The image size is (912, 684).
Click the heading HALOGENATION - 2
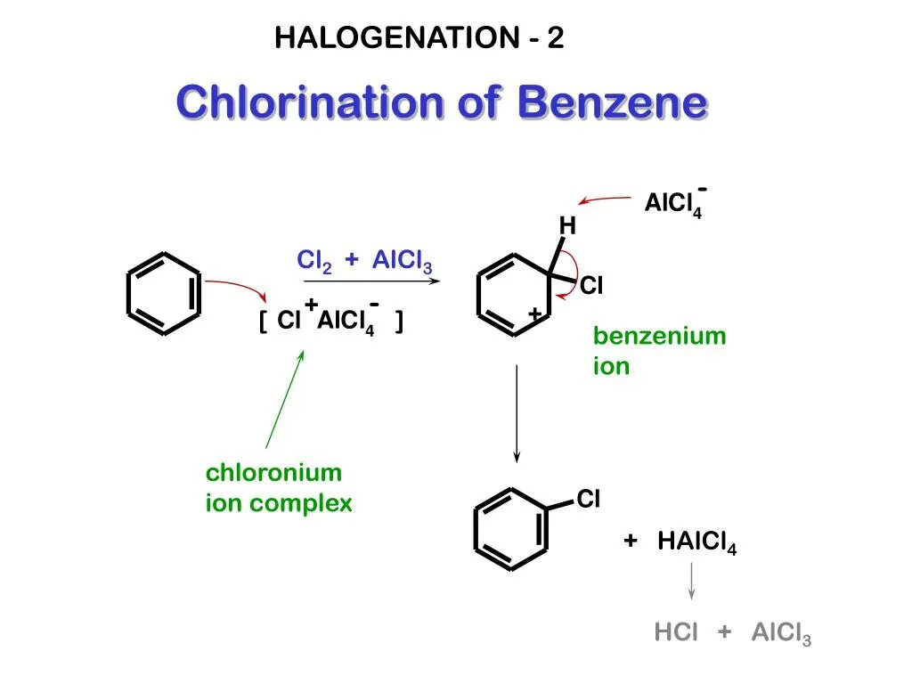pos(419,38)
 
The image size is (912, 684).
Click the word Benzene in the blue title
pos(612,103)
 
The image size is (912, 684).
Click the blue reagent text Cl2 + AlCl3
pos(364,261)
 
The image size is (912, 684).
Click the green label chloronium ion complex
pos(279,488)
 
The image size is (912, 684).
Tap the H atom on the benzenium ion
pos(567,227)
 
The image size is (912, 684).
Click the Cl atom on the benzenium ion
pos(592,287)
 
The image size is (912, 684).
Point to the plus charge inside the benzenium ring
pos(535,314)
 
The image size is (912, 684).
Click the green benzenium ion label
pos(659,351)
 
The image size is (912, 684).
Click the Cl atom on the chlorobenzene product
pos(589,500)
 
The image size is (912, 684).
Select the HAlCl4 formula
pos(696,541)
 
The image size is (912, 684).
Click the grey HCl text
pos(677,632)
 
